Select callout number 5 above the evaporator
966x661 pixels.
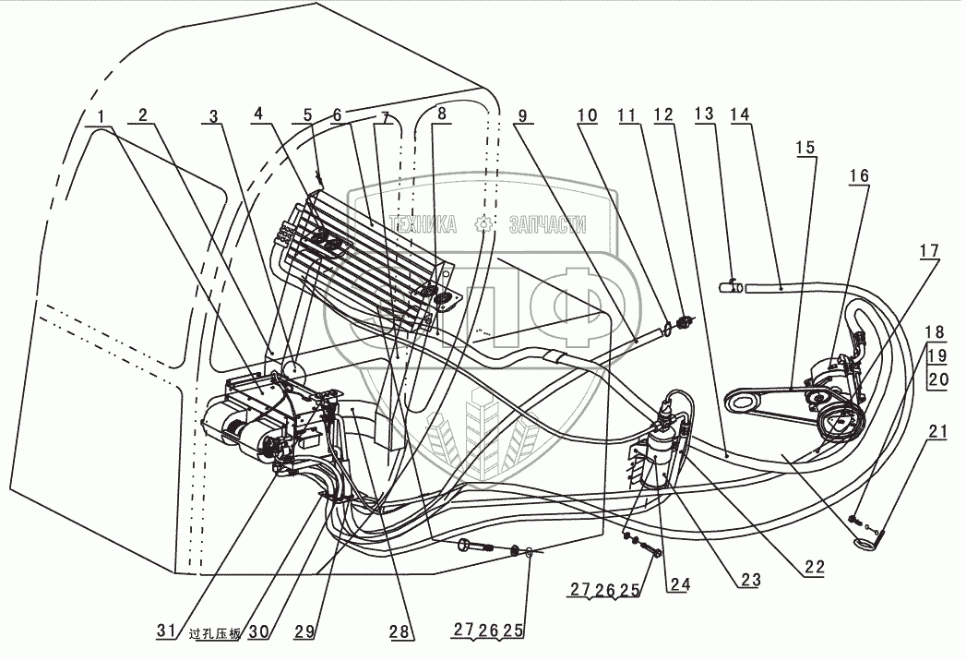(x=306, y=115)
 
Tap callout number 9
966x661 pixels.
(x=523, y=115)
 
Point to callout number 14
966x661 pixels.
(x=739, y=115)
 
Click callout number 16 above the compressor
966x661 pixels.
(x=859, y=175)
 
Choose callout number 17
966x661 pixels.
(x=928, y=249)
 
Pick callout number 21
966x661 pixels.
(x=937, y=431)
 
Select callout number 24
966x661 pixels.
(x=680, y=583)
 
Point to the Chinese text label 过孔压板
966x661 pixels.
(x=214, y=634)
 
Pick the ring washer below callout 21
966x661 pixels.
(x=865, y=545)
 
